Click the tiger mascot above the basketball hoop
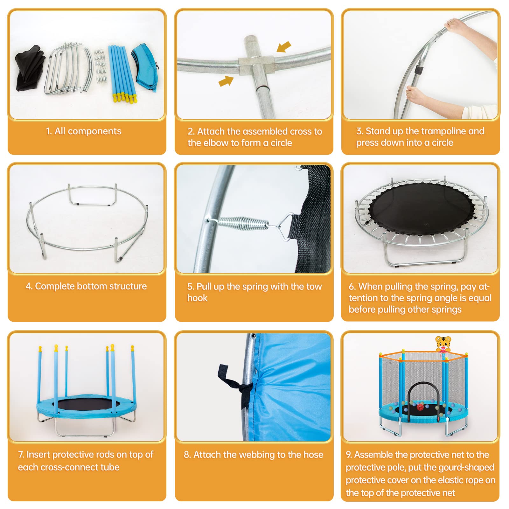tap(443, 343)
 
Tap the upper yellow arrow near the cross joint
tap(284, 46)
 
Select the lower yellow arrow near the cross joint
tap(226, 81)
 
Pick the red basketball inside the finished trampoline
tap(420, 406)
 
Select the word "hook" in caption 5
tap(197, 298)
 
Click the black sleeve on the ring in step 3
tap(420, 69)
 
